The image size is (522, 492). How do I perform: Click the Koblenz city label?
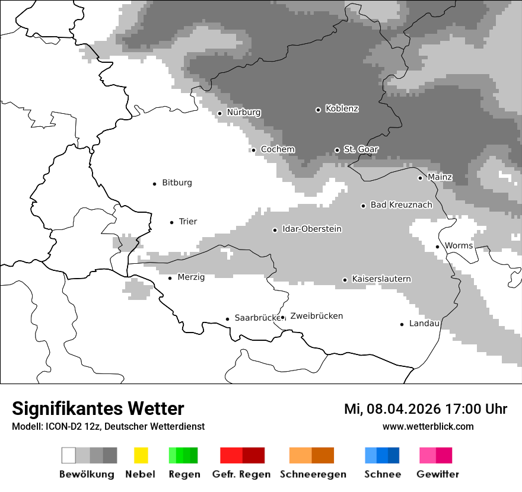point(342,108)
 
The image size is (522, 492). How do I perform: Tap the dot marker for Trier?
point(171,222)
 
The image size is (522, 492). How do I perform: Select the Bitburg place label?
point(177,183)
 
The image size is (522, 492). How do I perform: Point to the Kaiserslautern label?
point(381,279)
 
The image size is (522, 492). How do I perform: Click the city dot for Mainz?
point(420,178)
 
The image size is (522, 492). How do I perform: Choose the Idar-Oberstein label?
point(311,229)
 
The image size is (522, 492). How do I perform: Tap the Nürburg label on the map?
point(243,112)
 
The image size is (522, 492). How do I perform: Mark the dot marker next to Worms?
point(437,247)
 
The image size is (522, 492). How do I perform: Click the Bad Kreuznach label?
point(401,205)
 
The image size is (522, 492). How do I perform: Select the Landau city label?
point(424,323)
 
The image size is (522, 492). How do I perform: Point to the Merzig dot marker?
point(170,278)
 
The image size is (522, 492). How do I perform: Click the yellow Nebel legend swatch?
point(141,455)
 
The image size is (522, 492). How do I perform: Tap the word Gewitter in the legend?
point(437,474)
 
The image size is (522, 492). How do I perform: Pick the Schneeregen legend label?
point(313,474)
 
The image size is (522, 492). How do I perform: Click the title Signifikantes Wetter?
point(98,408)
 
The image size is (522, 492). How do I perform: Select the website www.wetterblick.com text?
point(428,426)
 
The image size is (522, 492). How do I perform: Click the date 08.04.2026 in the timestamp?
point(400,409)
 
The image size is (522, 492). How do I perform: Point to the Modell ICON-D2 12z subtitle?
point(108,426)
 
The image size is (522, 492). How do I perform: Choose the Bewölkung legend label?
point(87,474)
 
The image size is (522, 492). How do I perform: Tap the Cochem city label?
point(277,149)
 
